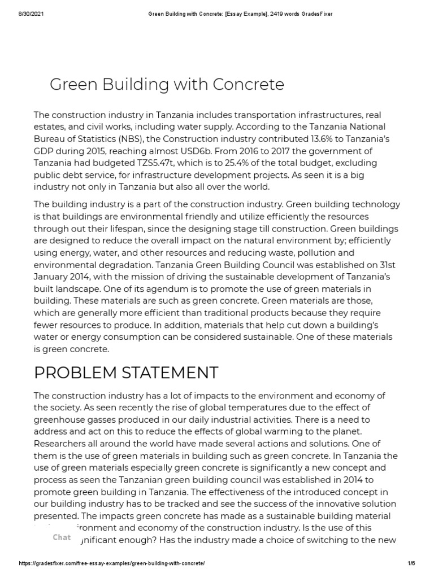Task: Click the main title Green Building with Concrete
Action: pos(167,85)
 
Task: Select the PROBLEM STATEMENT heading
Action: pos(126,373)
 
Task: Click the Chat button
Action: pos(62,537)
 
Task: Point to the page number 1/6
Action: pos(411,563)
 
